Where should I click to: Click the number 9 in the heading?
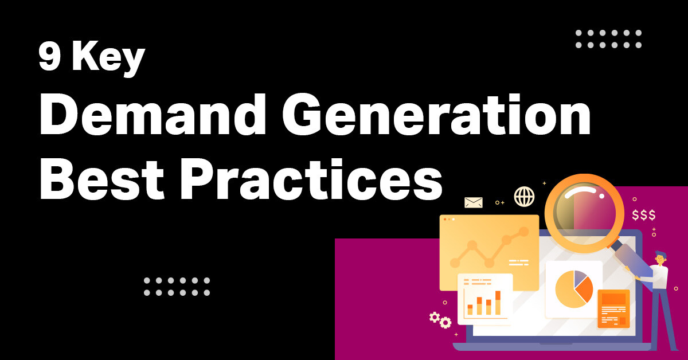50,58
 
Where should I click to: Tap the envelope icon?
474,202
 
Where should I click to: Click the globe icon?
524,197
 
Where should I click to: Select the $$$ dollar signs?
643,216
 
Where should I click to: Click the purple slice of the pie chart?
581,278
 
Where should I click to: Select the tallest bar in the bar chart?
498,303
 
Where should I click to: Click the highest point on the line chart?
523,231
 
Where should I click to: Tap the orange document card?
613,308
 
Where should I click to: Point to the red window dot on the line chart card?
445,219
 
